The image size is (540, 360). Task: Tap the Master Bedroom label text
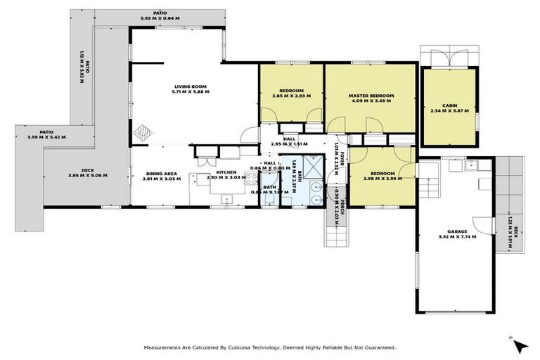371,96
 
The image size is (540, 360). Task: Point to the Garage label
457,231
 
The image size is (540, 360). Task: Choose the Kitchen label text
225,173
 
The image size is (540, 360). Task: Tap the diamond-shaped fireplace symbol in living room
143,131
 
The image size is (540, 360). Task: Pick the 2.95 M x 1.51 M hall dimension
290,144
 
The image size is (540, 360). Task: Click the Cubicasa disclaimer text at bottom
270,347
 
